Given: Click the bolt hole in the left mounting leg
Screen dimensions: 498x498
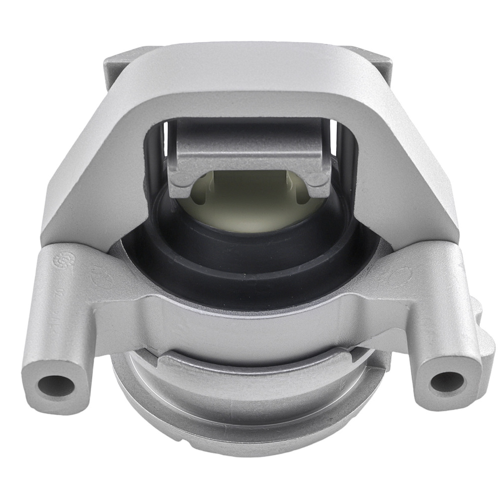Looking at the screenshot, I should (55, 385).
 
